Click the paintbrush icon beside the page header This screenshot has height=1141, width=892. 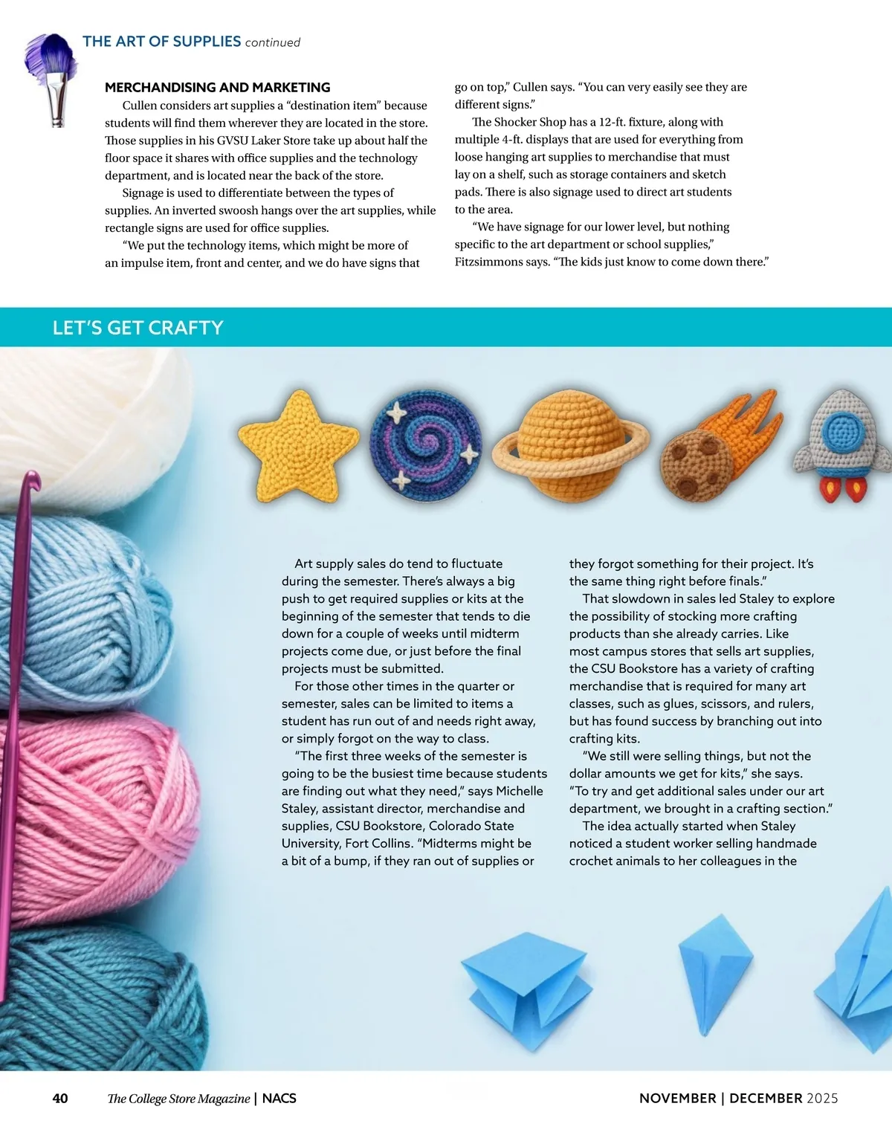pyautogui.click(x=52, y=74)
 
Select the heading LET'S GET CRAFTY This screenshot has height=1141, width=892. pyautogui.click(x=138, y=328)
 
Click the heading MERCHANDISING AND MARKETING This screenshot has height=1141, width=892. pyautogui.click(x=217, y=87)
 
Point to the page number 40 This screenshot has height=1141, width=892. pyautogui.click(x=60, y=1099)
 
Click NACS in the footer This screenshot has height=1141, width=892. pyautogui.click(x=279, y=1099)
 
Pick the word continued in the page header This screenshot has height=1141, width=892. pyautogui.click(x=272, y=42)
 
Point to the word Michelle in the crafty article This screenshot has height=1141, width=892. pyautogui.click(x=519, y=791)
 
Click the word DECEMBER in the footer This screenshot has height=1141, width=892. pyautogui.click(x=766, y=1099)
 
